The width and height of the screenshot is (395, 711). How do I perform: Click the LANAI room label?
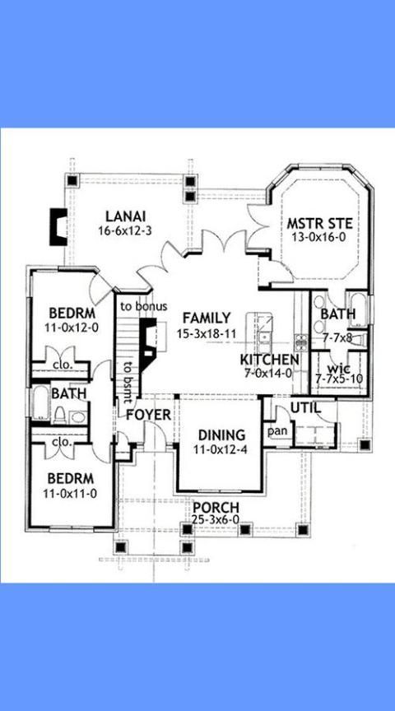(125, 216)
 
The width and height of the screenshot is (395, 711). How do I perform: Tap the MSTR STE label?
(320, 224)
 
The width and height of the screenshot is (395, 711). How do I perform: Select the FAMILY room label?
(207, 318)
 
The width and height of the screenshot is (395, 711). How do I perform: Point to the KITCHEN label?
(269, 360)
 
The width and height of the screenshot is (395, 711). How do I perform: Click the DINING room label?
(221, 435)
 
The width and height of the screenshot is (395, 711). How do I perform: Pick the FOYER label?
(148, 415)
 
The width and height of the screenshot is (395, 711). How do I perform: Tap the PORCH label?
(216, 508)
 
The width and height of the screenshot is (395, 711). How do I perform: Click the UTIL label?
(305, 407)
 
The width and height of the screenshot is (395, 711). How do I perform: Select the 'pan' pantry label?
(277, 431)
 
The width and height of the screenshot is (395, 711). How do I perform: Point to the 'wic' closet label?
(338, 366)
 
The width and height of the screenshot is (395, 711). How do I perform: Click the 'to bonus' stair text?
(144, 306)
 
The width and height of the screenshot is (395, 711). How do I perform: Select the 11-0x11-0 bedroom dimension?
(70, 494)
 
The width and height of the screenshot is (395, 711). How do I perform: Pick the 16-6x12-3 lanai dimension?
(125, 230)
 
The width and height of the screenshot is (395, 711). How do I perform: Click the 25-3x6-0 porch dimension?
(216, 521)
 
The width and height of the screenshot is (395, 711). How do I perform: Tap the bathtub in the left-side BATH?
(40, 402)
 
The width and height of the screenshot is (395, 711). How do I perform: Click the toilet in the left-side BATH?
(60, 415)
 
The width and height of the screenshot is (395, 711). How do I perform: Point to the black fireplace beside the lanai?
(58, 227)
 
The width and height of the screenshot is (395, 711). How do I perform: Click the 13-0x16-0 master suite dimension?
(320, 237)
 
